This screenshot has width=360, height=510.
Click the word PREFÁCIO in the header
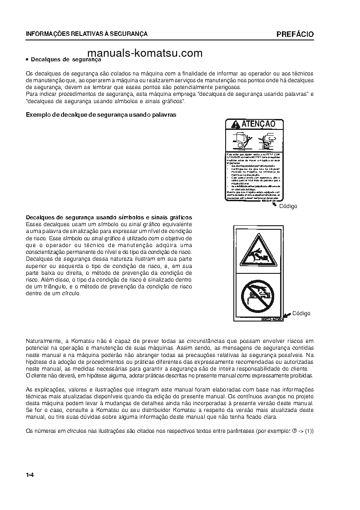295,34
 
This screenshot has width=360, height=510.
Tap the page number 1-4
30,475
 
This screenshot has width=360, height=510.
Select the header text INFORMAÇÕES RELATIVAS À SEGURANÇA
87,34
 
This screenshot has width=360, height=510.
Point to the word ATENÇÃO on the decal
258,124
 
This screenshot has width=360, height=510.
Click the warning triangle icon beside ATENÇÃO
235,124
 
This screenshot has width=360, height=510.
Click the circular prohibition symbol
258,295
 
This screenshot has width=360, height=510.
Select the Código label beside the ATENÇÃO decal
288,206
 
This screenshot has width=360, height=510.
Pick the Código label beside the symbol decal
301,313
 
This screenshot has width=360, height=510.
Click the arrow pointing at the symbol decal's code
287,316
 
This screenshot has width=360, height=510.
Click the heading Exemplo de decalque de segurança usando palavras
101,115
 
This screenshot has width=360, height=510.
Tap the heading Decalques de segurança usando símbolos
109,218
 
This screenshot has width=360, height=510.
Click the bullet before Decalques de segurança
27,59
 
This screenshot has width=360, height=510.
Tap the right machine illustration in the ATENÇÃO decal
271,140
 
